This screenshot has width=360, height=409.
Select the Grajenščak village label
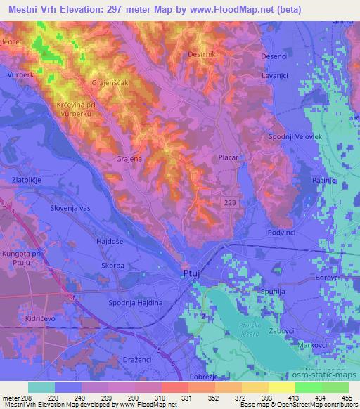(108, 82)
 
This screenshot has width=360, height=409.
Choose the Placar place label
(229, 159)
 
